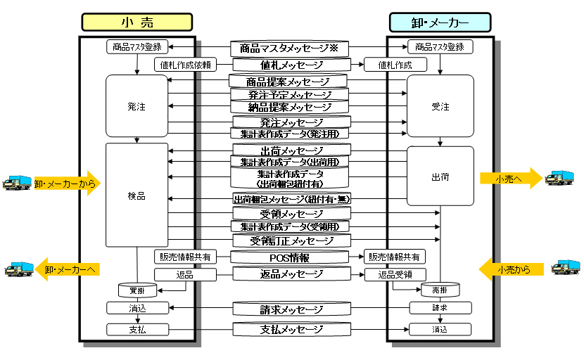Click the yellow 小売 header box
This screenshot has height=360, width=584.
click(137, 22)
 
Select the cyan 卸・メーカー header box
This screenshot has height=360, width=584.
click(440, 22)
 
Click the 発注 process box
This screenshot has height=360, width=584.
click(137, 105)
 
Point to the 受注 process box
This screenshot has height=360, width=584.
click(440, 105)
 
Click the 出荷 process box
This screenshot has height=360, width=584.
click(440, 176)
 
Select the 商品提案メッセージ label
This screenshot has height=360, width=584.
click(288, 82)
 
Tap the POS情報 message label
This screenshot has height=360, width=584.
click(289, 257)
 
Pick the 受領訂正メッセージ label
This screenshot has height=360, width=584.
click(289, 241)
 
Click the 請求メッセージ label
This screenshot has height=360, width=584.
click(289, 309)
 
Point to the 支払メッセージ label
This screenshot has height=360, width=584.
click(289, 329)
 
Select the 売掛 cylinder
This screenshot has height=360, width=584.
click(440, 290)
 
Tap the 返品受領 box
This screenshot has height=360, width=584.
click(395, 274)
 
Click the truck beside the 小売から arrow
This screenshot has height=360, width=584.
click(565, 268)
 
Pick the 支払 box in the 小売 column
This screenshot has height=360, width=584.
click(137, 329)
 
